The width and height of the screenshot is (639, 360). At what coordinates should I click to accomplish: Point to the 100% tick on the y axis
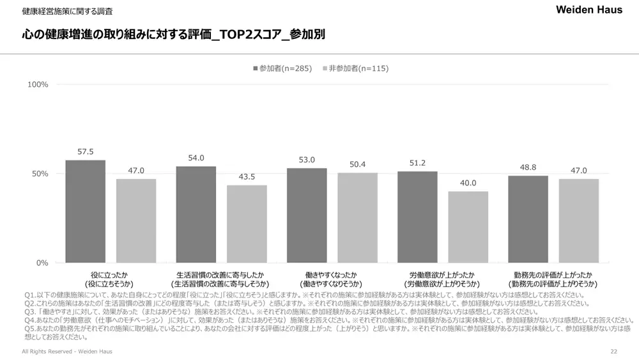[38, 84]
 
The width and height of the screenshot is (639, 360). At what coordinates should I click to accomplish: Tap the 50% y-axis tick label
[40, 174]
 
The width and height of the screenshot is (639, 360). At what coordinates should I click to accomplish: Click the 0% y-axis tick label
[42, 263]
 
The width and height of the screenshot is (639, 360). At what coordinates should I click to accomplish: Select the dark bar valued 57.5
[86, 211]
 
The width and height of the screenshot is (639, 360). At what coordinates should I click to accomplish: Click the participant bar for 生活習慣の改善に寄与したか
[196, 214]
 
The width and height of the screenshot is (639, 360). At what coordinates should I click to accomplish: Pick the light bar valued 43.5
[247, 224]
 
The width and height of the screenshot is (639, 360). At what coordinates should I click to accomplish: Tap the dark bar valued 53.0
[307, 215]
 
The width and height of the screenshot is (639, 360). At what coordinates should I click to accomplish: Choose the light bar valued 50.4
[357, 217]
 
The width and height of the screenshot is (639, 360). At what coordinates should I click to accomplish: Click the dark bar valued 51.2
[417, 217]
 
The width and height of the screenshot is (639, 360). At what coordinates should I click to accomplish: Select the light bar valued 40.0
[468, 227]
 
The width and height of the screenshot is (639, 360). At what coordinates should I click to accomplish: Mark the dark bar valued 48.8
[528, 219]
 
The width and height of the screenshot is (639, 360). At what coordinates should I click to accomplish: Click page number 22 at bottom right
[613, 352]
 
